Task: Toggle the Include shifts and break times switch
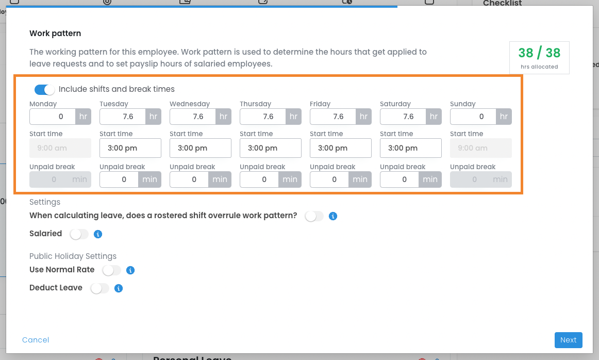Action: (45, 89)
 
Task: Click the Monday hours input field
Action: (53, 117)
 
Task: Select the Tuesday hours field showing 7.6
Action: (123, 117)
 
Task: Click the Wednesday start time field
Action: (201, 148)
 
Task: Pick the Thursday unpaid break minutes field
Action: (259, 179)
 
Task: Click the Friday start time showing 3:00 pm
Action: (341, 148)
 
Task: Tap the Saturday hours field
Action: (403, 117)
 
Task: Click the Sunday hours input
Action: (473, 117)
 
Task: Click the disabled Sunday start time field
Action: (481, 148)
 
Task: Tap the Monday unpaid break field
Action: (60, 179)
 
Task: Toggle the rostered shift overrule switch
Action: (314, 216)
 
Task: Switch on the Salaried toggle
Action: (79, 234)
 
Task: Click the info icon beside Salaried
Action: (98, 234)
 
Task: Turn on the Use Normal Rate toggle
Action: (111, 271)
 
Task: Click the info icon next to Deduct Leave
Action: (119, 288)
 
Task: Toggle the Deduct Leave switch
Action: (99, 288)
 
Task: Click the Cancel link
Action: (36, 340)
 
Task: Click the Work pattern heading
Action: (55, 33)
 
